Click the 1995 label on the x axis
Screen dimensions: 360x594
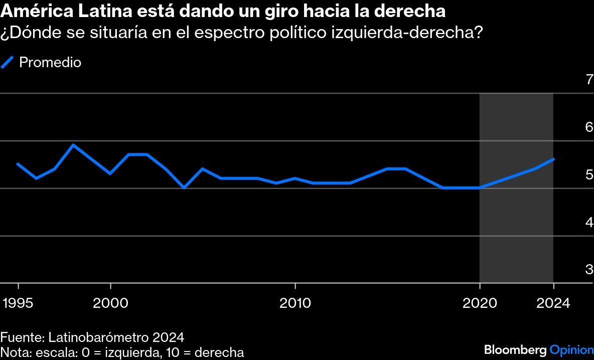(18, 303)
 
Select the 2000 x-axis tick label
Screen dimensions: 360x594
(111, 303)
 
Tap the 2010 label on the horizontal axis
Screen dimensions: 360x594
(295, 303)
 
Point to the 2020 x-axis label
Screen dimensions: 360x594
(480, 303)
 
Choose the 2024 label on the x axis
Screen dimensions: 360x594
(553, 303)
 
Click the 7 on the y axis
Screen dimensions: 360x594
(589, 79)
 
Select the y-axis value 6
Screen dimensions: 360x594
(589, 127)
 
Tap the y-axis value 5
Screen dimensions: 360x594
(589, 174)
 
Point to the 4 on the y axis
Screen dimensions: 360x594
(589, 222)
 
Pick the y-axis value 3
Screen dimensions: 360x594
(589, 269)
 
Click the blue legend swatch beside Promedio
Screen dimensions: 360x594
(8, 62)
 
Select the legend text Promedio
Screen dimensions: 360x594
(50, 63)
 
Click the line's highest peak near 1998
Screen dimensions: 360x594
(74, 145)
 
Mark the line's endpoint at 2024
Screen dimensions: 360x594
(553, 159)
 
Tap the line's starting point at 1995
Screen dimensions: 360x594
(18, 164)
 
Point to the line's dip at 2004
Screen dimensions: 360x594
(184, 188)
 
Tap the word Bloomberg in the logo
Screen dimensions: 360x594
(516, 349)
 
